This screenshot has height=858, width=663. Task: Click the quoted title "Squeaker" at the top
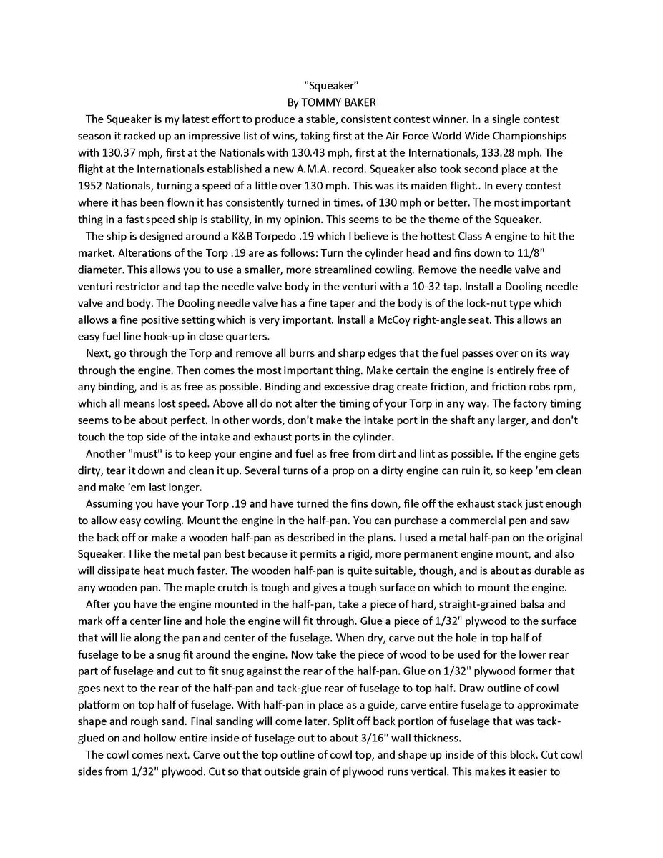[x=331, y=85]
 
